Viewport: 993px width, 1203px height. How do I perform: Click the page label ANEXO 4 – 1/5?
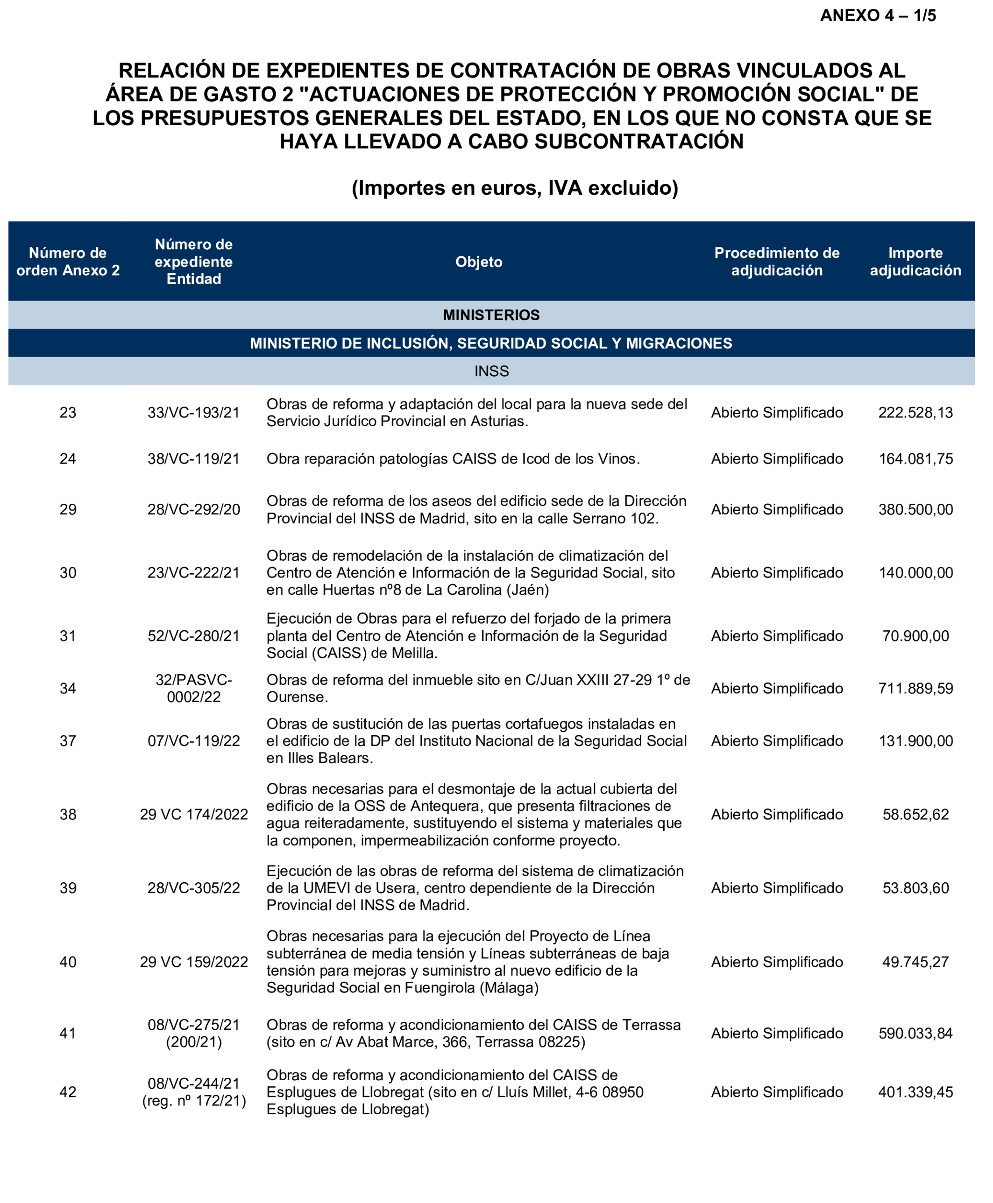(878, 15)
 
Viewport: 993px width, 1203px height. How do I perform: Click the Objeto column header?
(479, 262)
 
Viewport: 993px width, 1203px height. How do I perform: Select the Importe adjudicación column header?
(915, 262)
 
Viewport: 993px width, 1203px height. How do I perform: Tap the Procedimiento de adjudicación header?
(776, 262)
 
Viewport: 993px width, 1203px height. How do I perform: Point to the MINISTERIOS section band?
(491, 315)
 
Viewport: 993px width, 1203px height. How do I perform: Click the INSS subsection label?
(491, 372)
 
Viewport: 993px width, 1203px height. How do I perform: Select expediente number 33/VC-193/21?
(193, 413)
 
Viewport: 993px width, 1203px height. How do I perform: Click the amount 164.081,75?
(915, 459)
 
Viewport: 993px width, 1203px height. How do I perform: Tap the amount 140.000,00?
(915, 573)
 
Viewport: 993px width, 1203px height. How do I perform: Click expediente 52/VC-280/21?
(193, 636)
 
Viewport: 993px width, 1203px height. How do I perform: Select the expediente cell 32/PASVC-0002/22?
(193, 689)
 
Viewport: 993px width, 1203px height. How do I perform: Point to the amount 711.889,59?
(915, 689)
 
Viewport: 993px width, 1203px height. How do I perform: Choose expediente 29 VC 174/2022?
(193, 815)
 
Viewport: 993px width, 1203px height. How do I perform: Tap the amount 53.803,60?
(915, 888)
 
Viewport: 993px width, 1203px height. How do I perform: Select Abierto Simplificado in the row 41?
(776, 1034)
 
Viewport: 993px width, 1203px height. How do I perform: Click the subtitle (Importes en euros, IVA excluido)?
(514, 188)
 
